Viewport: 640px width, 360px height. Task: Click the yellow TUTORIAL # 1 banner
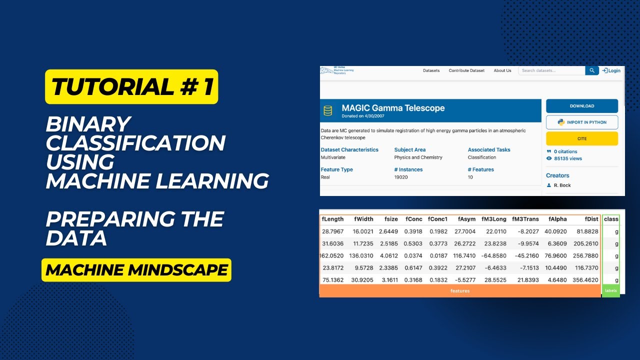tap(131, 87)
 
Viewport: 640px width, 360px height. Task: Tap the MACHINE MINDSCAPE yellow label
tap(136, 270)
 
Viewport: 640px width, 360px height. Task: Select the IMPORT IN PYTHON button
tap(581, 122)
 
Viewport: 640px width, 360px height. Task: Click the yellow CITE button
tap(581, 138)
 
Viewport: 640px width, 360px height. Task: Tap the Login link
tap(611, 70)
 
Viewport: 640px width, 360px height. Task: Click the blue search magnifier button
tap(592, 70)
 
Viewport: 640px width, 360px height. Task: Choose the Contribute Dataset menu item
tap(466, 70)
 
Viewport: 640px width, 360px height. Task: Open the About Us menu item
tap(502, 70)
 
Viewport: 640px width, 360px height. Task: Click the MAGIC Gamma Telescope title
tap(393, 107)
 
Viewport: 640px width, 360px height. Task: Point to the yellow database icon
tap(328, 110)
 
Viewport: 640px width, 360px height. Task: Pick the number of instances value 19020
tap(401, 177)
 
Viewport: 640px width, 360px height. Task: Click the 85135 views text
tap(568, 158)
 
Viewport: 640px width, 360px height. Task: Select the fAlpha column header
tap(557, 219)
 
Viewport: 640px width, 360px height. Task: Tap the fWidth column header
tap(363, 219)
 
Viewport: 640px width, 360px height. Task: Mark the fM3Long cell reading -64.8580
tap(494, 255)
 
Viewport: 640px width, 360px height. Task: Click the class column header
tap(611, 219)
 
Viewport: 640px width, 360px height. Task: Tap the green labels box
tap(610, 290)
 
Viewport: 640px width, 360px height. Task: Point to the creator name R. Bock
tap(562, 185)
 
